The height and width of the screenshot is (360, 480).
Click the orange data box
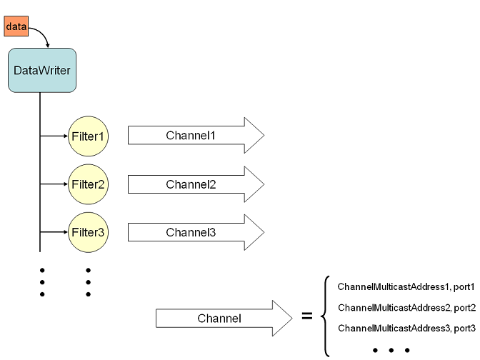coord(16,26)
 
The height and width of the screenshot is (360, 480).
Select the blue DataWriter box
coord(41,70)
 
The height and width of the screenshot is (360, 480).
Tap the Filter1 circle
coord(88,135)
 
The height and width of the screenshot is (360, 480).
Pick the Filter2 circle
coord(88,184)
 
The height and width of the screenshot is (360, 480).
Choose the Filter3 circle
coord(88,232)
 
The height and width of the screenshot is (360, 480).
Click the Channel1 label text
coord(191,135)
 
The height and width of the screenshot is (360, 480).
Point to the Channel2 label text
coord(191,184)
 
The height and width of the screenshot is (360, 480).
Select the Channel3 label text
coord(191,232)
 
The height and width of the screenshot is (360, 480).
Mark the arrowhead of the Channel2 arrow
coord(254,184)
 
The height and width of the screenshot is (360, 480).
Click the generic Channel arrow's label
coord(219,318)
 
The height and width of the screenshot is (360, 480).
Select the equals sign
coord(307,315)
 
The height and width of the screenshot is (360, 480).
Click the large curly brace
coord(326,315)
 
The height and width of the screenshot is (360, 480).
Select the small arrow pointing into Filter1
coord(56,135)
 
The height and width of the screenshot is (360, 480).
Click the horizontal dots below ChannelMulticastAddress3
coord(391,350)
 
